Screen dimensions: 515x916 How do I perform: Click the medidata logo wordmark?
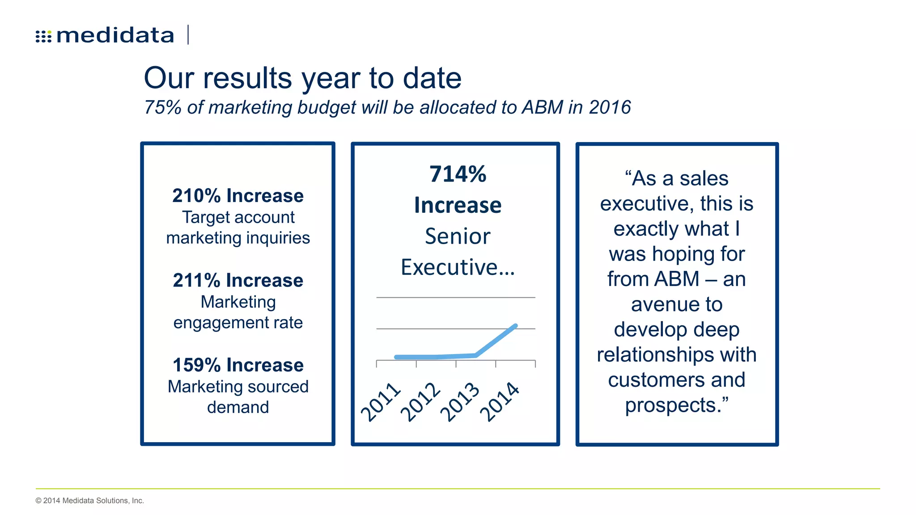click(115, 35)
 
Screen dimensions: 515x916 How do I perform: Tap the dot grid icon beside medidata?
click(43, 36)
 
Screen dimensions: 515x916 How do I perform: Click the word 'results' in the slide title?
click(248, 78)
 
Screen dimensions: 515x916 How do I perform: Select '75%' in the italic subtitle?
click(162, 107)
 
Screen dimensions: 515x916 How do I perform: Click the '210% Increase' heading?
click(238, 196)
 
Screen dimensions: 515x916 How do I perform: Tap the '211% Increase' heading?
click(238, 280)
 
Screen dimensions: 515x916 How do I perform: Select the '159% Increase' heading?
click(238, 365)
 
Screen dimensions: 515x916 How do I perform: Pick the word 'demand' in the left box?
click(238, 407)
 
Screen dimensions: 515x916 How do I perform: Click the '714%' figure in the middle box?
click(458, 174)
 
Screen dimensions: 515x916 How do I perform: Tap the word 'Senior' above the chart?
click(458, 236)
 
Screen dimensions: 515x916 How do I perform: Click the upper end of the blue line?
click(516, 326)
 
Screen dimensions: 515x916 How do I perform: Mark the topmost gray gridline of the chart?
click(455, 297)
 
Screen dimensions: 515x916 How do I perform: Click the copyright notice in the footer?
click(90, 501)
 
